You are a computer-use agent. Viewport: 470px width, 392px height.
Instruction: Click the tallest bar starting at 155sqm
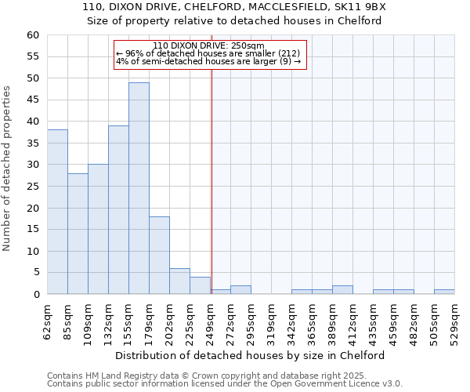[x=139, y=188]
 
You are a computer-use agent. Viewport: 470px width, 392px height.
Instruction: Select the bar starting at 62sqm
[x=57, y=212]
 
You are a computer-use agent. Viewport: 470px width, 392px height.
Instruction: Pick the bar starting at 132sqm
[x=118, y=209]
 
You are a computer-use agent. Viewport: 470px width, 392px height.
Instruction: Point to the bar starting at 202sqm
[x=179, y=281]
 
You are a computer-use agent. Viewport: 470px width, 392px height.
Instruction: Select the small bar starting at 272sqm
[x=240, y=290]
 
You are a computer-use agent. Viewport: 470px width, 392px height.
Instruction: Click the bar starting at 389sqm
[x=342, y=290]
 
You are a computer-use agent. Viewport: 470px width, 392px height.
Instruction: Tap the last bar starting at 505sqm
[x=444, y=292]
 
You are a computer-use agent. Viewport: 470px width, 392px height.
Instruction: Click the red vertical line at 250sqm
[x=211, y=196]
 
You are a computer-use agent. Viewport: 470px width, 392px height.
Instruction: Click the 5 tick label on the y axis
[x=35, y=273]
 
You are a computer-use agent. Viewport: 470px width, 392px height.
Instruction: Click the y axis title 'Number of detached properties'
[x=8, y=169]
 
